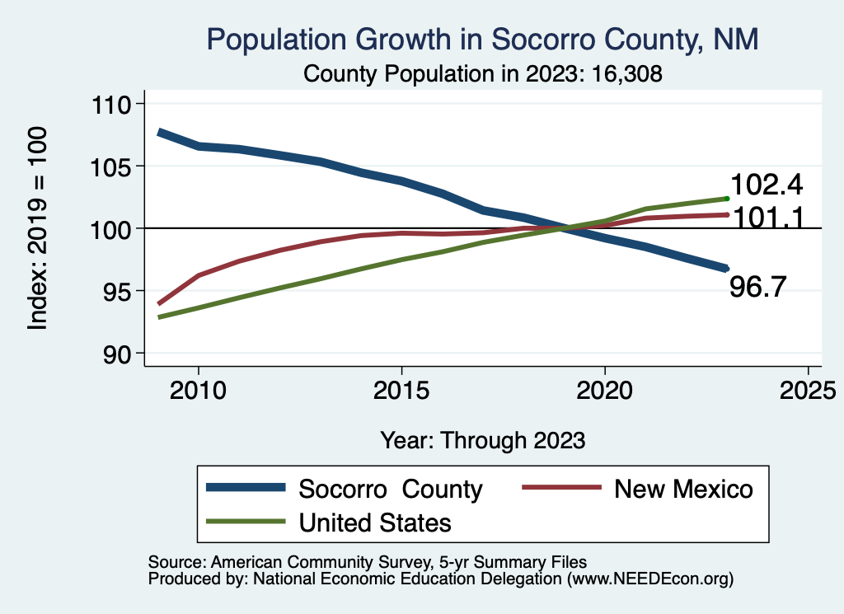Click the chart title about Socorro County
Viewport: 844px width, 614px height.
[x=482, y=40]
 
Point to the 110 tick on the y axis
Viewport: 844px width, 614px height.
[x=115, y=105]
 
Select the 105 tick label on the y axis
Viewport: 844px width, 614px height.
[x=115, y=166]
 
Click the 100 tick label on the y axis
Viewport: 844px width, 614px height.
[x=115, y=228]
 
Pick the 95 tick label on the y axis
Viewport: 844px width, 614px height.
[x=119, y=291]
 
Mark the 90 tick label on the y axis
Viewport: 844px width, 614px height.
[x=119, y=354]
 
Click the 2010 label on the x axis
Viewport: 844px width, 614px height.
[x=198, y=389]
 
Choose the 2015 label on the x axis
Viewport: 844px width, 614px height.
[x=401, y=389]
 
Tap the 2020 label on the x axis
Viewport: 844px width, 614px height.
[x=605, y=389]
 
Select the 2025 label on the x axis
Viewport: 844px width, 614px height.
[x=809, y=389]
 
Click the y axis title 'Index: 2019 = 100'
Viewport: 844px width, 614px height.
[x=37, y=228]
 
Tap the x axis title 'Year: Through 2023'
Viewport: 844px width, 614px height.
[x=483, y=440]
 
